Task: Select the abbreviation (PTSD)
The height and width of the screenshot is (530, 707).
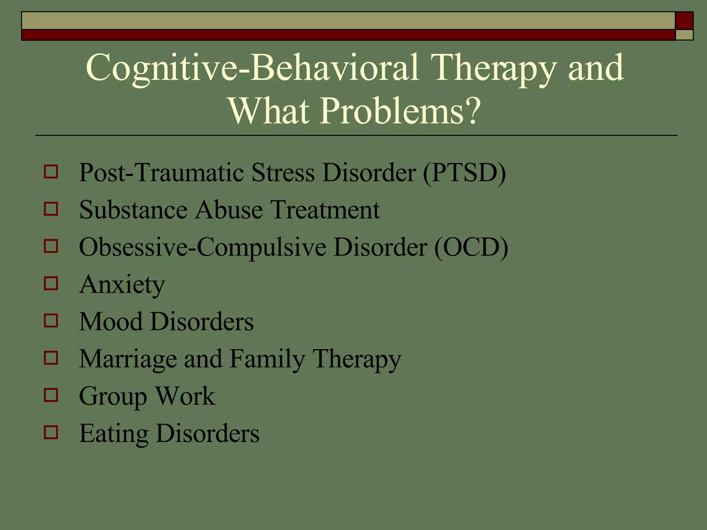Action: (x=465, y=173)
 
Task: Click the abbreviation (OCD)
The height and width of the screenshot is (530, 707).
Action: (x=471, y=247)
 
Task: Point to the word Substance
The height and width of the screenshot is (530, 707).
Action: (x=133, y=210)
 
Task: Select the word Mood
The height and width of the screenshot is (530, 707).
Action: (x=110, y=322)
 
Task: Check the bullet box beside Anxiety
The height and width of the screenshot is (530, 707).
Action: (x=51, y=284)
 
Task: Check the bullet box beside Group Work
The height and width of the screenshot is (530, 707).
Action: (x=51, y=395)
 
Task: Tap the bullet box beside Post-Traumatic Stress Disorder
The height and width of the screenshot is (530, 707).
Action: (x=51, y=171)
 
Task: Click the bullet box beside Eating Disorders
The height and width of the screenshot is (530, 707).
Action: (x=51, y=432)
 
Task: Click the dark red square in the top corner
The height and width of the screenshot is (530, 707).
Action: (x=684, y=21)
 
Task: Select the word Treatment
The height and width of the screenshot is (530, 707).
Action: (x=325, y=210)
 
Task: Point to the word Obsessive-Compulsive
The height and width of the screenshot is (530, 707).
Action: (x=202, y=247)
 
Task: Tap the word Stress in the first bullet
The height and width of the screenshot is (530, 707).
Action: (x=283, y=173)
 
